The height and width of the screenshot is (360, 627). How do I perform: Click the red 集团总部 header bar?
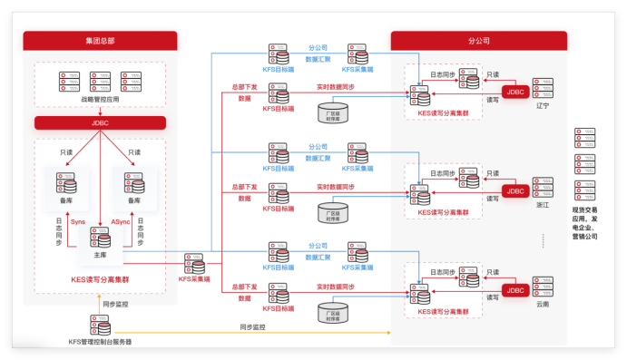coord(100,41)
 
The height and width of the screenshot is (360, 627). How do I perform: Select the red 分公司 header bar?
coord(478,41)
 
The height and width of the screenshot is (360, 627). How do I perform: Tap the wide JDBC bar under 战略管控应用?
coord(100,122)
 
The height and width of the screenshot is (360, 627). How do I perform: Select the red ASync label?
coord(121,222)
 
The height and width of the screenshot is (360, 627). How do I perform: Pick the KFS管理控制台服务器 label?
coord(100,342)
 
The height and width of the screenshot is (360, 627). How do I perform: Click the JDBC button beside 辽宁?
coord(516,92)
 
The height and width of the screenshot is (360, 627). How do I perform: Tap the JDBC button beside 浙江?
coord(516,191)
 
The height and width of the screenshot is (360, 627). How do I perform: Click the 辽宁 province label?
coord(543,106)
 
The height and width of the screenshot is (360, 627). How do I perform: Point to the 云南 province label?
coord(543,305)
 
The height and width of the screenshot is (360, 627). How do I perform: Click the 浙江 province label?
coord(543,206)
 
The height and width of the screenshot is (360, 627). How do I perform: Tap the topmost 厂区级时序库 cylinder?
coord(332,112)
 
